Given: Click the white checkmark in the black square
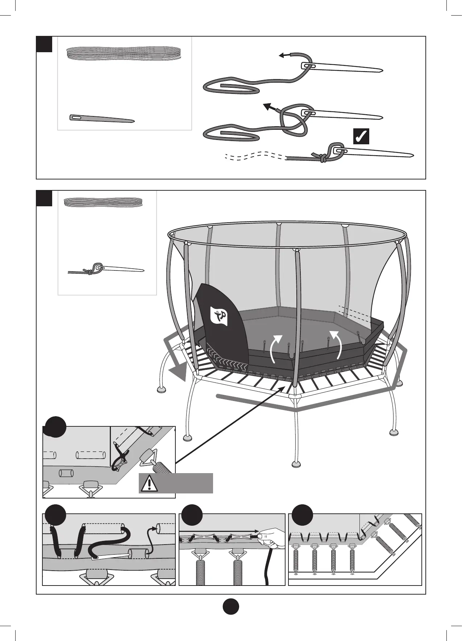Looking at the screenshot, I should pos(361,136).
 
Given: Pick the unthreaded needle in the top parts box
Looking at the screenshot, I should pos(102,119).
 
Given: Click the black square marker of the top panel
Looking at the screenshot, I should pos(45,44).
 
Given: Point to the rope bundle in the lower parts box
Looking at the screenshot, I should pos(104,202).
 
